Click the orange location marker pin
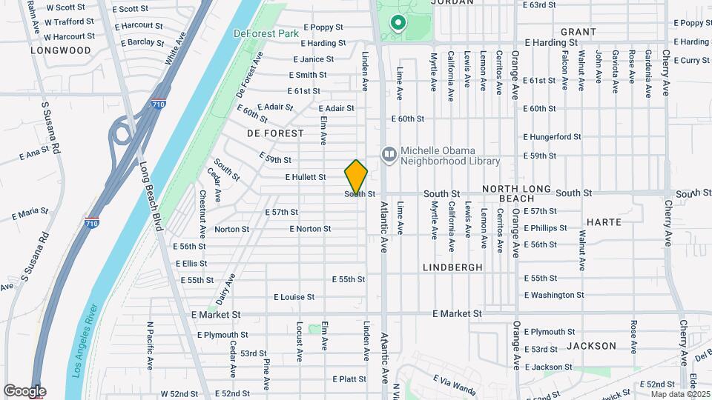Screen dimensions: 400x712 click(357, 176)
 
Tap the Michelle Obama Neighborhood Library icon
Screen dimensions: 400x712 click(389, 154)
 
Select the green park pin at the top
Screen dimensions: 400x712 click(398, 24)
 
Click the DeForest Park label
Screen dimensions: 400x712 click(265, 33)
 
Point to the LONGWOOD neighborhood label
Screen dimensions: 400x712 click(61, 51)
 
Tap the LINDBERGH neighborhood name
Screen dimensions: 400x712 click(452, 267)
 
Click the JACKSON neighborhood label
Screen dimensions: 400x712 click(591, 346)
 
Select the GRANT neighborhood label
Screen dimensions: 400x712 click(578, 32)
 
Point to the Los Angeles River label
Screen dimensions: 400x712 click(87, 341)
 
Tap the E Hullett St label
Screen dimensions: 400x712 click(306, 178)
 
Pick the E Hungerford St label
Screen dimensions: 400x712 click(552, 137)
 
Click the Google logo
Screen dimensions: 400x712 click(24, 391)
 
